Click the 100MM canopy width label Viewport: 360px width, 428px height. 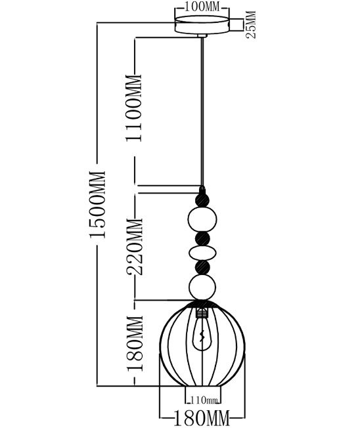tap(202, 7)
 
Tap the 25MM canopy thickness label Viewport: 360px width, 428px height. tap(251, 24)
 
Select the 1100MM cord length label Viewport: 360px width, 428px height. tap(134, 108)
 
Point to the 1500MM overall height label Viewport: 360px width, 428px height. tap(97, 204)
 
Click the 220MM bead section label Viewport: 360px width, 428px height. tap(135, 246)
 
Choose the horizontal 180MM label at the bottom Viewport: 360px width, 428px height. tap(201, 418)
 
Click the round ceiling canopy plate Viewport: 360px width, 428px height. tap(202, 25)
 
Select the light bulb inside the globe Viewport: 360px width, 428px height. tap(202, 333)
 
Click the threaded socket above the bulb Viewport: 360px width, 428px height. tap(202, 312)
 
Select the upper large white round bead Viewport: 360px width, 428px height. tap(202, 219)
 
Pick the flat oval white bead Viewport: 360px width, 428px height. tap(202, 253)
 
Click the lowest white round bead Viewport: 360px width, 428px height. tap(202, 287)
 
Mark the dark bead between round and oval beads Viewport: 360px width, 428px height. tap(202, 238)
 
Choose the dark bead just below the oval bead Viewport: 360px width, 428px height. tap(202, 268)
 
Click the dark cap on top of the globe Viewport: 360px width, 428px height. tap(202, 303)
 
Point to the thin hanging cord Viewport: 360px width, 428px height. tap(202, 112)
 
